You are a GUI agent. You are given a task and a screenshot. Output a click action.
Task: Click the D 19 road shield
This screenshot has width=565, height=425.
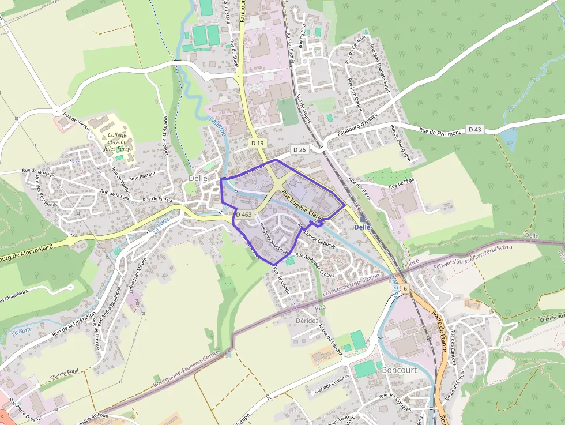pyautogui.click(x=257, y=142)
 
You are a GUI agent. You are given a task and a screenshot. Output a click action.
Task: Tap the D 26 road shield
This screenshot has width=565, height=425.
pyautogui.click(x=299, y=149)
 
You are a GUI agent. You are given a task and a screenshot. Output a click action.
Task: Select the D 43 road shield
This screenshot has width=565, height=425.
pyautogui.click(x=474, y=129)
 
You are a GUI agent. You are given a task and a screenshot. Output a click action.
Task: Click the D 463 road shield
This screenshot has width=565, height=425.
pyautogui.click(x=244, y=215)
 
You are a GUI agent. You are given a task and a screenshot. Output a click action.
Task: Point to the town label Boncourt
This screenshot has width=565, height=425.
pyautogui.click(x=399, y=370)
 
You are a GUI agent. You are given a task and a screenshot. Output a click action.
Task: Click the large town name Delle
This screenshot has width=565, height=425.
pyautogui.click(x=198, y=179)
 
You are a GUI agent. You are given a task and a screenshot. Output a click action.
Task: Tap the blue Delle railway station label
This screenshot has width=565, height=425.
pyautogui.click(x=363, y=227)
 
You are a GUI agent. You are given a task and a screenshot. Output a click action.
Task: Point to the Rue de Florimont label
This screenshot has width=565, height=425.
pyautogui.click(x=440, y=132)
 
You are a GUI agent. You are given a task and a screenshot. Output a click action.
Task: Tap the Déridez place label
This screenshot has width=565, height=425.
pyautogui.click(x=307, y=321)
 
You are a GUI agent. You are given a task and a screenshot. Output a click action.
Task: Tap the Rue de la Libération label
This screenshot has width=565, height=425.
pyautogui.click(x=73, y=325)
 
